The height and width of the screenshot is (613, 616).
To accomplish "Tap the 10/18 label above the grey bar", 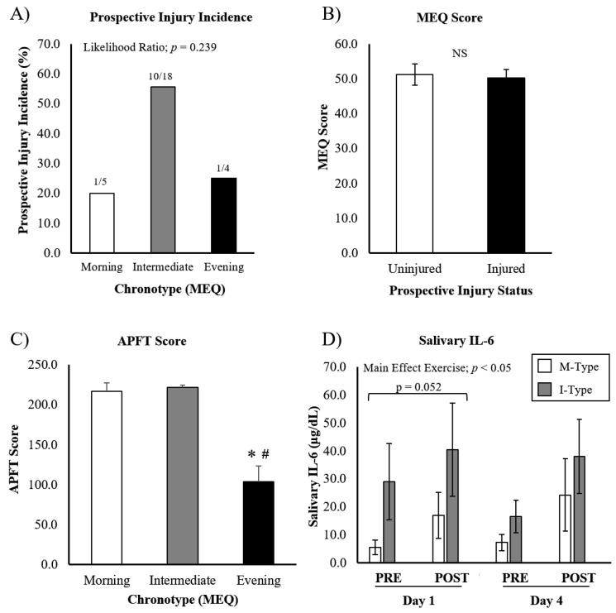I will pos(163,76).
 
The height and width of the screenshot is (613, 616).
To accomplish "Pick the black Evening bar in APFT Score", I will pos(258,522).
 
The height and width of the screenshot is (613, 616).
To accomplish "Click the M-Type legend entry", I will pos(568,365).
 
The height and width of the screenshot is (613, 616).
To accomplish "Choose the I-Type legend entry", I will pos(568,390).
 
